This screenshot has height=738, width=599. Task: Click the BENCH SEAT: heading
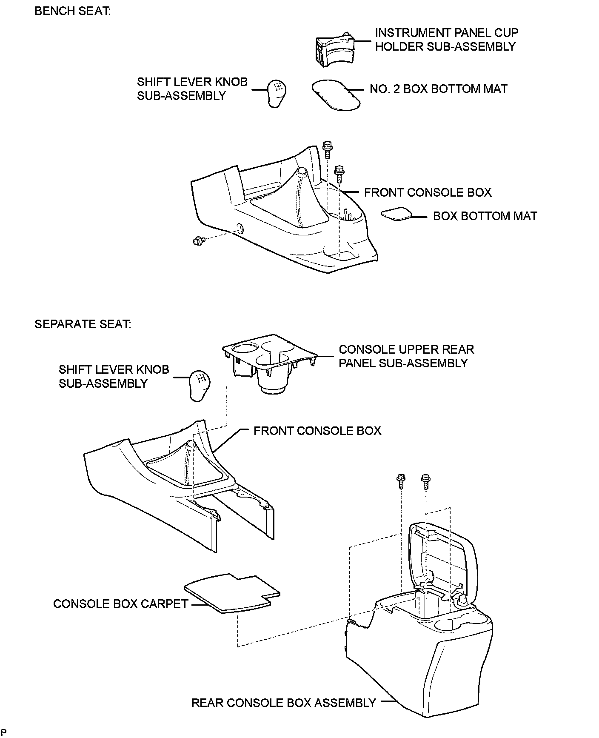click(72, 11)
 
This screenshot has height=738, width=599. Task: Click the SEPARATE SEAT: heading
click(83, 324)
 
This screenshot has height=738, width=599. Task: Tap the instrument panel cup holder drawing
click(334, 50)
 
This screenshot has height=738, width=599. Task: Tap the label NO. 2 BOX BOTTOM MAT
click(438, 89)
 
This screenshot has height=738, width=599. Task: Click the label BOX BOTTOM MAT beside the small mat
click(485, 216)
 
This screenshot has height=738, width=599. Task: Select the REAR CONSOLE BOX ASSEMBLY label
click(284, 702)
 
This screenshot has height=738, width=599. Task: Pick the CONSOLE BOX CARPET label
click(120, 604)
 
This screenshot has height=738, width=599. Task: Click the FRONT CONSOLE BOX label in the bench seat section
click(428, 192)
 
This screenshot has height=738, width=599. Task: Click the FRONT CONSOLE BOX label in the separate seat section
click(317, 431)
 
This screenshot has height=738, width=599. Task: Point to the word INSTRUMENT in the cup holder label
click(411, 33)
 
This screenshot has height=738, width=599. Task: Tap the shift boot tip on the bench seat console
click(301, 171)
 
